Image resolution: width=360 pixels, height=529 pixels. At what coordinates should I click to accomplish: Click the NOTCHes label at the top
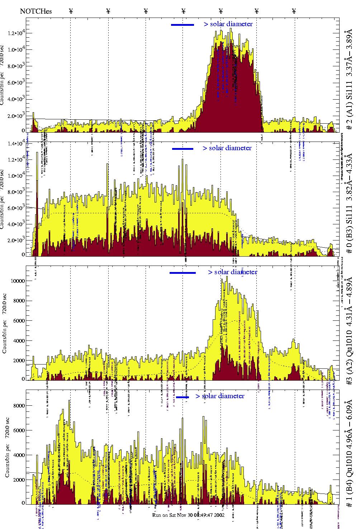tap(36, 11)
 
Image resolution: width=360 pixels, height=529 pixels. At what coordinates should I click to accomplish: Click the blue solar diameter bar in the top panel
tap(183, 25)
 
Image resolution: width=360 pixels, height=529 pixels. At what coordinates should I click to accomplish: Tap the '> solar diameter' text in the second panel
tap(227, 148)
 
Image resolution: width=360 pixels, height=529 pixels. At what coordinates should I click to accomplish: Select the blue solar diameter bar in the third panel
tap(183, 273)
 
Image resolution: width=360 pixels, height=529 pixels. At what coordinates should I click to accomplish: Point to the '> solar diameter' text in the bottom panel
tap(220, 396)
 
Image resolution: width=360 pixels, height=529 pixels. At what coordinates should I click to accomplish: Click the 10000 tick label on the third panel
tap(18, 281)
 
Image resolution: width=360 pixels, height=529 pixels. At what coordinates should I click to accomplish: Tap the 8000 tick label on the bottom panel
tap(19, 406)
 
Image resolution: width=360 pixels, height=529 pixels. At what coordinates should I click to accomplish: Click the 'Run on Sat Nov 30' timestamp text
tap(188, 515)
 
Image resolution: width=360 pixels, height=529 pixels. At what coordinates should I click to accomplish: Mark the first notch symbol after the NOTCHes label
tap(71, 11)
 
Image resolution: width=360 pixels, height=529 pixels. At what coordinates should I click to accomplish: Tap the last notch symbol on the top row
tap(294, 11)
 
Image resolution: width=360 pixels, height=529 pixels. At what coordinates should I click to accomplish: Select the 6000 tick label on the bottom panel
tap(19, 430)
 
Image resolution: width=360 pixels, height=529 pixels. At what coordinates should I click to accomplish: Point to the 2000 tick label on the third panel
tap(19, 361)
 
